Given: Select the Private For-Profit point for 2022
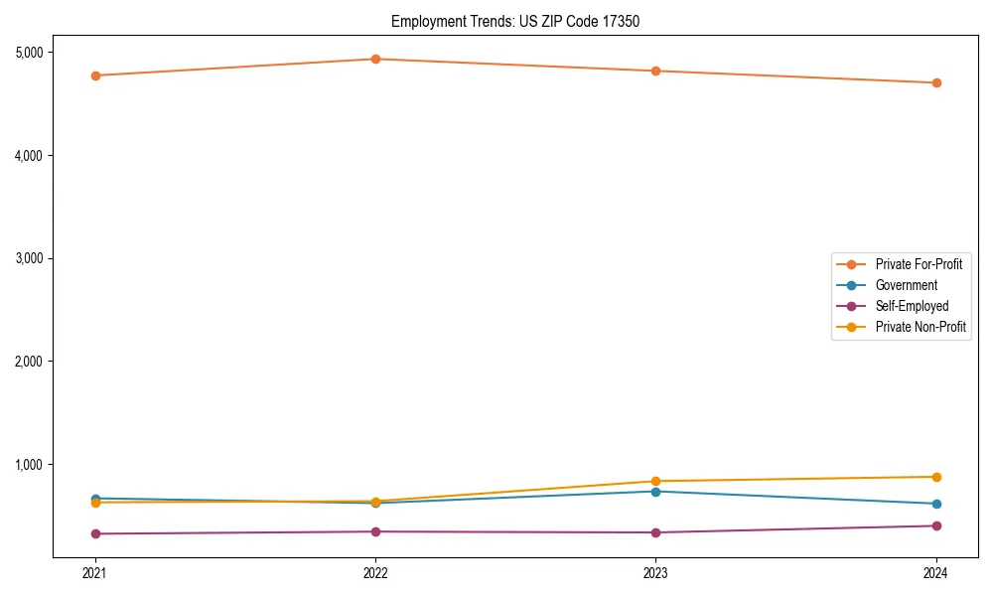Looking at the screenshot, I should pos(375,59).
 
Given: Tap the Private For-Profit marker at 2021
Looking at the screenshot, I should pos(95,75).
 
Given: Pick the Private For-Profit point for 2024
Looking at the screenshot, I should pos(936,82).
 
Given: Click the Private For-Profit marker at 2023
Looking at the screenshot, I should pos(655,71).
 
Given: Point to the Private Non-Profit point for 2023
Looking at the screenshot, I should pos(655,481).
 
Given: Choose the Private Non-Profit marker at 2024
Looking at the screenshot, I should pos(936,477).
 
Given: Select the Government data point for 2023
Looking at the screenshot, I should pos(655,492).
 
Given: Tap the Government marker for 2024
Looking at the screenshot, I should pos(936,504).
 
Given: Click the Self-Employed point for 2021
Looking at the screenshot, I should pos(95,533).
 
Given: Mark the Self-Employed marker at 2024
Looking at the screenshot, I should pos(936,525).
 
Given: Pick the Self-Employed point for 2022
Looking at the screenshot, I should pos(375,531).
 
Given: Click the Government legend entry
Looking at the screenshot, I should pos(906,285).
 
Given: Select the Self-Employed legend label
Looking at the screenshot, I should pos(912,306).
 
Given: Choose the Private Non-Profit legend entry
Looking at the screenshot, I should pos(921,327).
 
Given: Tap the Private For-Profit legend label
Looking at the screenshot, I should pos(919,264).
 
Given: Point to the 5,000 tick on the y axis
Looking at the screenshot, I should pos(36,52).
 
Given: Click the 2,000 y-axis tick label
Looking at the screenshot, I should pos(36,362).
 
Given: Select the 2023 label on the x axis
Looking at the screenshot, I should pos(655,573).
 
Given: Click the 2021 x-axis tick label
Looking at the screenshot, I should pos(95,573).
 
